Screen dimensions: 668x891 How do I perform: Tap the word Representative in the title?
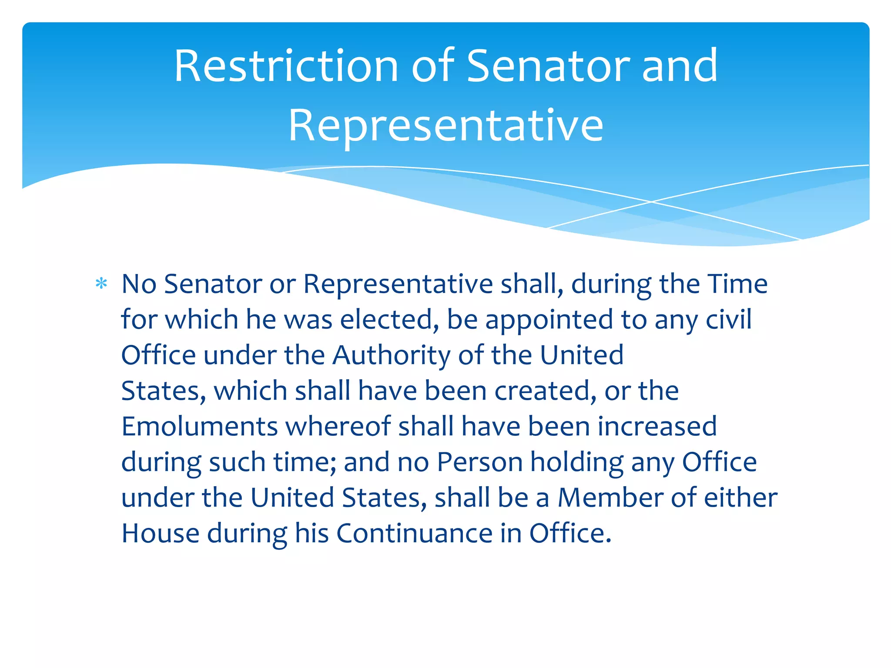click(446, 126)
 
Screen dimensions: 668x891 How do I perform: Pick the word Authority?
click(392, 356)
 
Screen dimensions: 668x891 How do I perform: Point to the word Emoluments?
click(199, 426)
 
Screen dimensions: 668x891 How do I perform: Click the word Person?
click(479, 462)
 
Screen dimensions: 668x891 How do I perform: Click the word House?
click(160, 533)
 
